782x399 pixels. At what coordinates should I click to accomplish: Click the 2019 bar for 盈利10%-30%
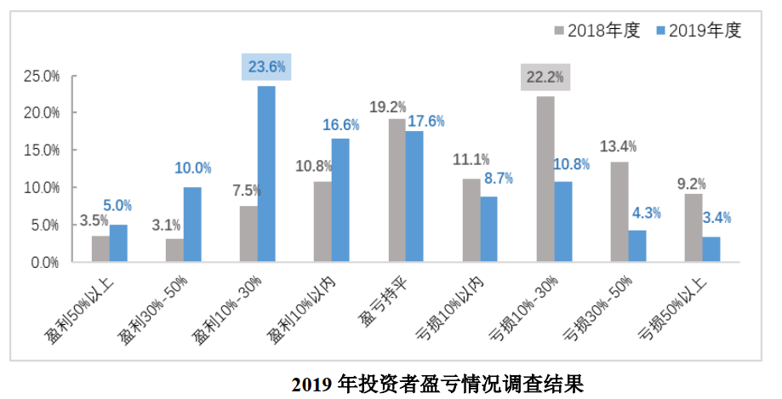[266, 174]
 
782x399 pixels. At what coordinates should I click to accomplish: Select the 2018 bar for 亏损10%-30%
[545, 179]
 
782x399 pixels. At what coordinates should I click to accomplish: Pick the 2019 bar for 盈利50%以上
[118, 243]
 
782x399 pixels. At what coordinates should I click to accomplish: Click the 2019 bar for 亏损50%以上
[711, 249]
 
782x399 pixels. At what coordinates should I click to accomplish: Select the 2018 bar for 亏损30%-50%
[619, 212]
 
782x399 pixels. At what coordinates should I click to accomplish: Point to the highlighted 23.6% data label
[267, 66]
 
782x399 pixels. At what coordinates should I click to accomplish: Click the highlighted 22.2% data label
[545, 77]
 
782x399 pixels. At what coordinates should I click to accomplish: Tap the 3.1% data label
[167, 225]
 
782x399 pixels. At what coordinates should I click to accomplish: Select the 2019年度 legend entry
[699, 31]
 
